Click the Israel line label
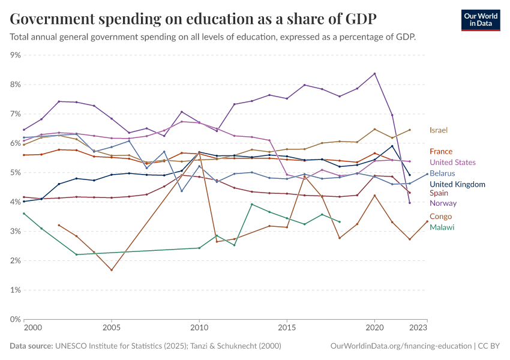tap(439, 130)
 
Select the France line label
tap(441, 152)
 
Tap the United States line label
tap(452, 163)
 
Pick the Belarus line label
tap(442, 173)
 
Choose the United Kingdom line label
tap(457, 184)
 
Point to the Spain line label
tap(439, 193)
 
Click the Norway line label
tap(442, 203)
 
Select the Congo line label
tap(441, 217)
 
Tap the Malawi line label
tap(442, 227)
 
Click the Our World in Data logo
tap(481, 20)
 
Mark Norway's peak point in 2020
tap(374, 74)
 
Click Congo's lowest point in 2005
tap(111, 270)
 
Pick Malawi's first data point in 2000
tap(24, 214)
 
